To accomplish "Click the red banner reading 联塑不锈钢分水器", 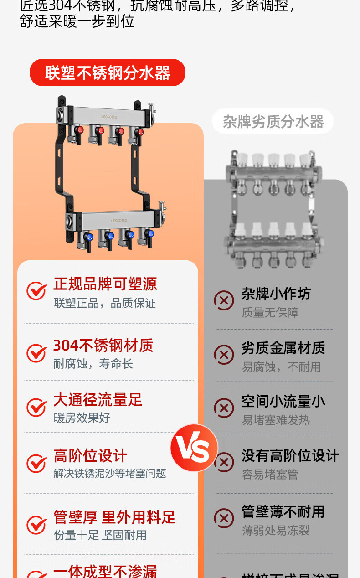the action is [x=108, y=73].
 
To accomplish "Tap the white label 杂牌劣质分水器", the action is [x=273, y=122].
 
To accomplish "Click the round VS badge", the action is [x=194, y=448].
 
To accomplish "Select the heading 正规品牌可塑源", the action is [x=105, y=284].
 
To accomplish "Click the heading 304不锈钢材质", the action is [x=103, y=346].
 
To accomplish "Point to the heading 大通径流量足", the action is [x=98, y=400].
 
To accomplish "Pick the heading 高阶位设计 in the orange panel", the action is [x=90, y=455].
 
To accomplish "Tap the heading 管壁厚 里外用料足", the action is [x=114, y=517].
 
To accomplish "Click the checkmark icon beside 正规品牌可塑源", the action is [x=36, y=290].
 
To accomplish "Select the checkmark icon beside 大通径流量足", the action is [x=36, y=407].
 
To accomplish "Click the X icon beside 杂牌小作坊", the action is [x=224, y=300].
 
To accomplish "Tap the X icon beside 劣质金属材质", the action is [x=224, y=355].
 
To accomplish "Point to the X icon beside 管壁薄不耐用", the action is [x=224, y=518].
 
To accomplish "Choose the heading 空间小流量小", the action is [x=283, y=402].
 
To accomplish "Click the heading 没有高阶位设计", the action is [x=290, y=455].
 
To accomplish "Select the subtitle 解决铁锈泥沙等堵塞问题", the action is [x=110, y=474].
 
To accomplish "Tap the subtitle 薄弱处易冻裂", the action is [x=276, y=531].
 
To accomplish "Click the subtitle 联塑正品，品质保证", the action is [x=105, y=303].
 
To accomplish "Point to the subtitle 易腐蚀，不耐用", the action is [x=281, y=367].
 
